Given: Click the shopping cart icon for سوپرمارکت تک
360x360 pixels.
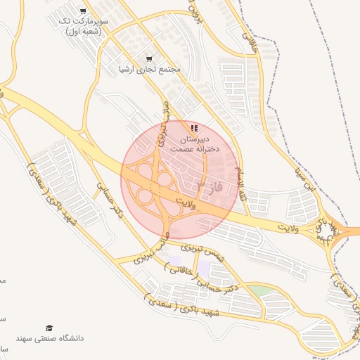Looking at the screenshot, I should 84,11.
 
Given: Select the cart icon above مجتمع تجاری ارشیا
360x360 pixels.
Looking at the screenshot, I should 148,58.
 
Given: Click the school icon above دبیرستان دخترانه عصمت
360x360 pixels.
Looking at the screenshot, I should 194,128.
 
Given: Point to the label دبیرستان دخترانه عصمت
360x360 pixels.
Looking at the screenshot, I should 194,144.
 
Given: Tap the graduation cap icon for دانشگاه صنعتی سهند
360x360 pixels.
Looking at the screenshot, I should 49,328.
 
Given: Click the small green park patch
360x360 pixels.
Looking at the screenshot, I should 261,290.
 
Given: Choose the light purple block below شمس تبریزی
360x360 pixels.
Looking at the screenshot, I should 204,268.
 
